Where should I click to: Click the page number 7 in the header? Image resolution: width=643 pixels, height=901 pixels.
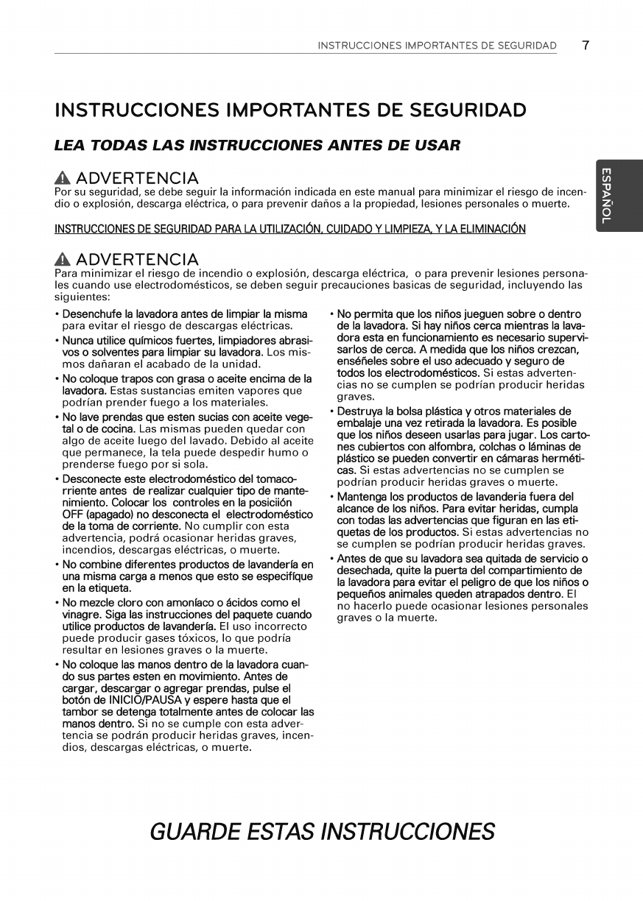coord(585,46)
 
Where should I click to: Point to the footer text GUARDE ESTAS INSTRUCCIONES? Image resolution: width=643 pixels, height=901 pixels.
coord(321,832)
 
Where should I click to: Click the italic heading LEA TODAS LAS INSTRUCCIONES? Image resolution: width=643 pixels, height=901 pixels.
coord(257,145)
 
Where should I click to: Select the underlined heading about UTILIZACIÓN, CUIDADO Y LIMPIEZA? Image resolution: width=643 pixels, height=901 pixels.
coord(289,229)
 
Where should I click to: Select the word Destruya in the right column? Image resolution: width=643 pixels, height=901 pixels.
coord(359,411)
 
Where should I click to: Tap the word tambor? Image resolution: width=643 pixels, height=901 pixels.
coord(79,712)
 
